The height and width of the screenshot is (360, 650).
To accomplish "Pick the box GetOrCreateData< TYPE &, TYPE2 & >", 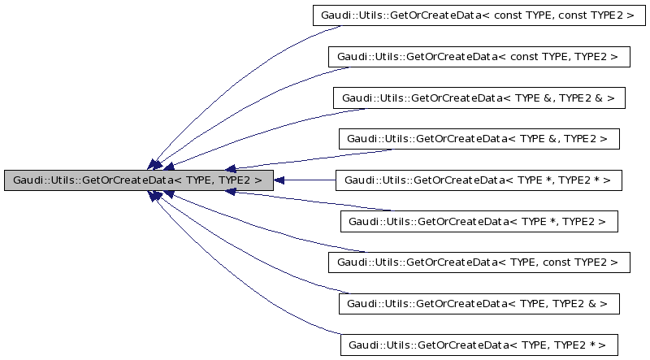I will point(479,98).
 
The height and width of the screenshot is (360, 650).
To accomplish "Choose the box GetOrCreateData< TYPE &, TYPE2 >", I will point(479,139).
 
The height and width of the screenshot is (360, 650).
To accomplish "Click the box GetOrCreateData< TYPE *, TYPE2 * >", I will point(479,180).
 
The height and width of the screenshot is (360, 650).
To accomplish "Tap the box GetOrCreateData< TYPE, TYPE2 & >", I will point(479,302).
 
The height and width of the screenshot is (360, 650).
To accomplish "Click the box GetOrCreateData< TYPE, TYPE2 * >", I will point(479,344).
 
